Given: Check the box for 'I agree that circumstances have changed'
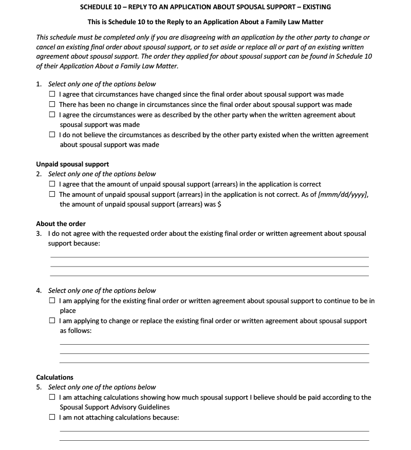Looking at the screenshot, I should coord(52,95).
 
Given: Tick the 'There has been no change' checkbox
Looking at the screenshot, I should coord(52,105).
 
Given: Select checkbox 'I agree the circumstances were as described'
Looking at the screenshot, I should coord(52,115).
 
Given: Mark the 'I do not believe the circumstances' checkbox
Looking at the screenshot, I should coord(52,135).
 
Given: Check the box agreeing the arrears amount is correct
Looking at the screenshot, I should coord(52,184).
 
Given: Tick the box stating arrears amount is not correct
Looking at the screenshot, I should coord(52,195).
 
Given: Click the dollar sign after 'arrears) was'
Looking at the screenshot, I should coord(219,204).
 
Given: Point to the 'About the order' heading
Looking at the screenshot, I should coord(61,224).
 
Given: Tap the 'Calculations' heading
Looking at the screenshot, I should coord(54,378).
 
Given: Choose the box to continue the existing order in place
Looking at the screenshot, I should coord(52,301).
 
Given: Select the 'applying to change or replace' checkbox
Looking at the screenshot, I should coord(52,321).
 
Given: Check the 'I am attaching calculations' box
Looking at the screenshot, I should coord(52,398).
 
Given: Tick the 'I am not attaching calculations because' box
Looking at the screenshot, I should coord(52,418).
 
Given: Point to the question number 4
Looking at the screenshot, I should coord(39,291).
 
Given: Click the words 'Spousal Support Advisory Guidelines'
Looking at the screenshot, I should coord(115,407).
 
